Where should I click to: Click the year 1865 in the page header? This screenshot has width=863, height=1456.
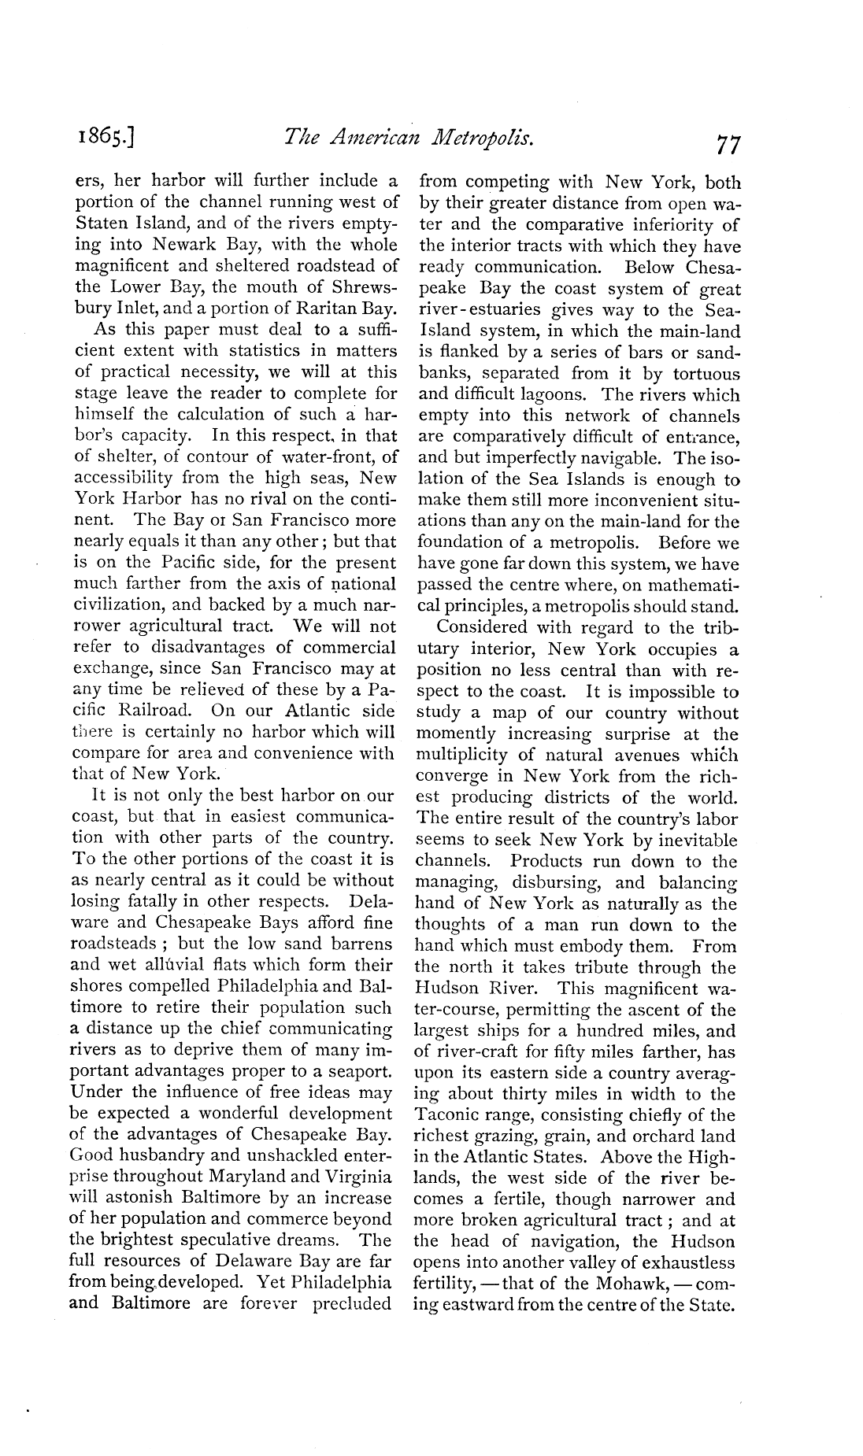point(102,140)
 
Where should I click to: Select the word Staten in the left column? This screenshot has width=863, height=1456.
point(101,224)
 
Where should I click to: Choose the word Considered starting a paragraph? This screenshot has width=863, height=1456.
point(482,627)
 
